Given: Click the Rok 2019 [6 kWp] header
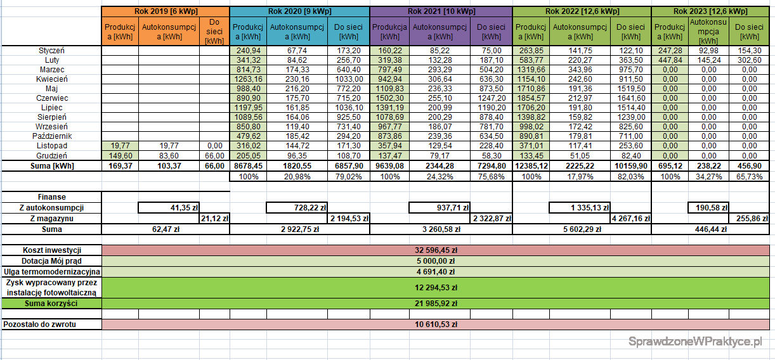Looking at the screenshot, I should tap(165, 12).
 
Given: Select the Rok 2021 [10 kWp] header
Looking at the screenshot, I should tap(440, 12).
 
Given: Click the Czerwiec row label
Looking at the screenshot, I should tap(52, 98).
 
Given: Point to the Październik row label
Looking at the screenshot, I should tap(52, 136).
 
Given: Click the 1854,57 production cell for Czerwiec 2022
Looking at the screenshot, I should tap(531, 98).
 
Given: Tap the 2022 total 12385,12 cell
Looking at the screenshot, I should tap(531, 165).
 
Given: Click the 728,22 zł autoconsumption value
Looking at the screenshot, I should tap(297, 207).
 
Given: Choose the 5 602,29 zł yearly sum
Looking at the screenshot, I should tap(582, 229).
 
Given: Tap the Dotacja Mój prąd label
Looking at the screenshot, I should tap(52, 261).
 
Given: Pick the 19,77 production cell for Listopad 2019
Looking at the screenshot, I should tap(120, 146).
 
